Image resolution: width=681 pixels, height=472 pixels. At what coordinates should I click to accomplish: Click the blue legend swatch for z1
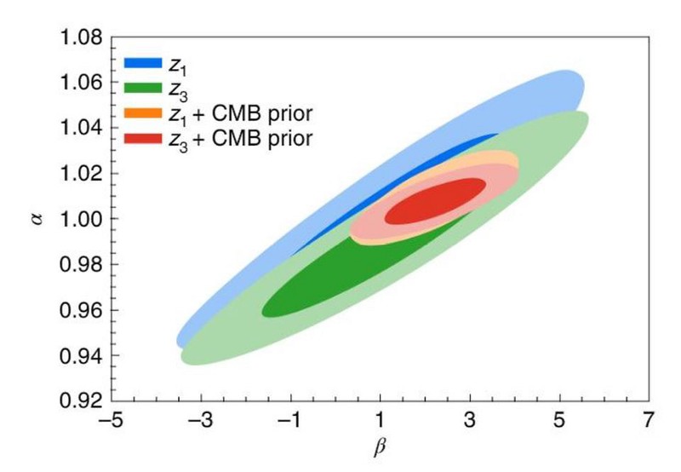pyautogui.click(x=143, y=62)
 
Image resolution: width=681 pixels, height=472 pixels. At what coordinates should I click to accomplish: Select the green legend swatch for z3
pyautogui.click(x=143, y=87)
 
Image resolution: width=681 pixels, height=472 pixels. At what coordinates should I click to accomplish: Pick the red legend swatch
pyautogui.click(x=143, y=136)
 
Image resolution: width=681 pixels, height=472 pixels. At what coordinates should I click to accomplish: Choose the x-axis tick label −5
pyautogui.click(x=109, y=420)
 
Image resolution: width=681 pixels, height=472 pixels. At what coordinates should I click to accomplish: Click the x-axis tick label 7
pyautogui.click(x=650, y=420)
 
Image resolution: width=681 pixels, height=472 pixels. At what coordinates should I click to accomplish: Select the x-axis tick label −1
pyautogui.click(x=289, y=420)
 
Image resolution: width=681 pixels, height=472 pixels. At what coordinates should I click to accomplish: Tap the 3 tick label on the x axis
pyautogui.click(x=470, y=420)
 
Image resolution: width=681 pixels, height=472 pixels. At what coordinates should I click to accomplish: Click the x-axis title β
pyautogui.click(x=381, y=446)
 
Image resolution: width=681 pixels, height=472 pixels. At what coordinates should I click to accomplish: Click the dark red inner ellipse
pyautogui.click(x=435, y=201)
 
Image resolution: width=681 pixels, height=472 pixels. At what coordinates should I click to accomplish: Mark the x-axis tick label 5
pyautogui.click(x=559, y=420)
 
